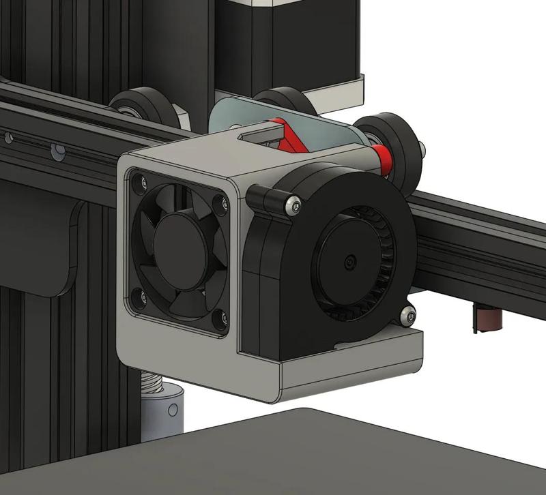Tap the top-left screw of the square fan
click(141, 183)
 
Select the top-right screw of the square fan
click(219, 202)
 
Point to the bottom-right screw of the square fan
click(219, 316)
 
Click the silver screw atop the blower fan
click(293, 204)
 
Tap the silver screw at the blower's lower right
click(408, 314)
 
